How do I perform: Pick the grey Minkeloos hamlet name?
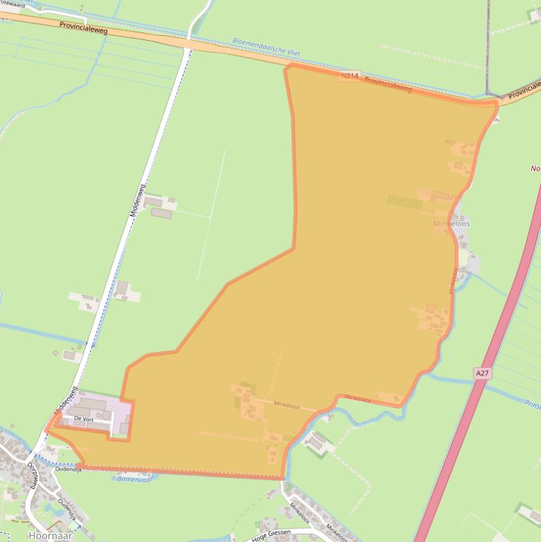click(452, 223)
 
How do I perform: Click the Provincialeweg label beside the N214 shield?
click(388, 85)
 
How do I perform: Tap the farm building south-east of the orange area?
click(317, 443)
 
